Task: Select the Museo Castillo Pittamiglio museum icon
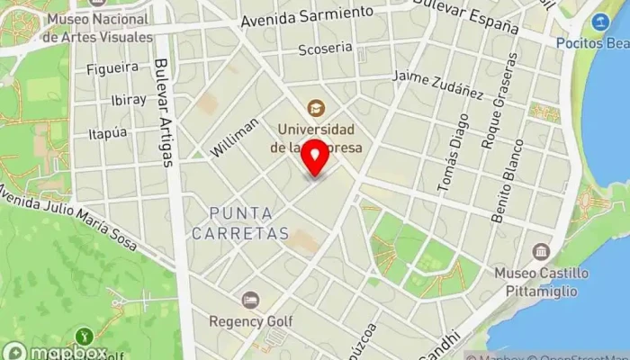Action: click(541, 251)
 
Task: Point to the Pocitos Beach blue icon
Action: click(600, 22)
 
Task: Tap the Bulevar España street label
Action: click(465, 15)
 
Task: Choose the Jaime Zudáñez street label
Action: click(438, 85)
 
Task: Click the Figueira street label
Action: click(112, 67)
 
